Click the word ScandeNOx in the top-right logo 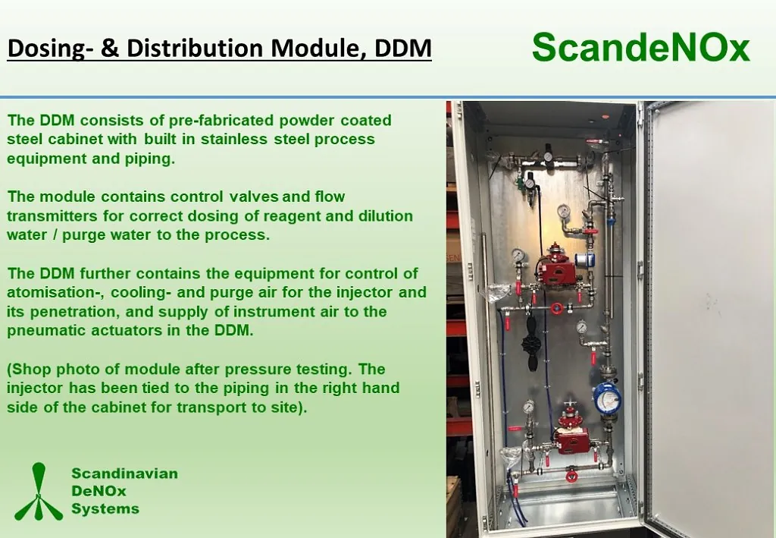point(641,48)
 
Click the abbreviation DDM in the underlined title point(403,48)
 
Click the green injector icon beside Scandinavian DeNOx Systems point(39,492)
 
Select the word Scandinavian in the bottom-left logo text point(125,473)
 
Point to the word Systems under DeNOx point(105,508)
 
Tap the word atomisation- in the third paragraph point(55,292)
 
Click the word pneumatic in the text point(46,330)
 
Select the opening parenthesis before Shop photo point(10,370)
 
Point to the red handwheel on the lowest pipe point(571,476)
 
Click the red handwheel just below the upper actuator point(557,309)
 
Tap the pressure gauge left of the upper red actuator point(519,255)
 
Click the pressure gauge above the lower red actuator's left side point(530,407)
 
